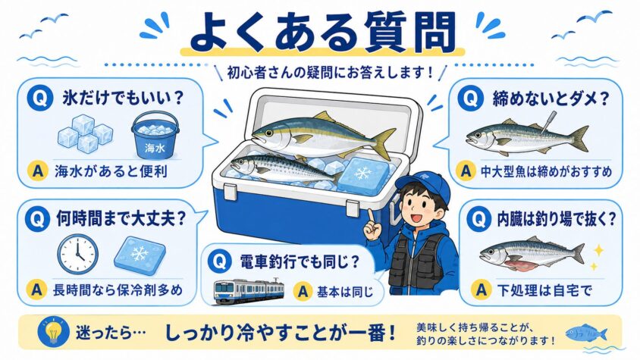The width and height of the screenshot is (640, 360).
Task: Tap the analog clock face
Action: point(77,254)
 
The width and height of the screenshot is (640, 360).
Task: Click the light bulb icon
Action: point(53,332)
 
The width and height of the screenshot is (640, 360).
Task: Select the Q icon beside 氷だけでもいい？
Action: point(39,99)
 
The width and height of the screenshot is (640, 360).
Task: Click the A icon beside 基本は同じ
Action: point(303,292)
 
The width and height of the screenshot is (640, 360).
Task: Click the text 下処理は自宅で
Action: point(545,290)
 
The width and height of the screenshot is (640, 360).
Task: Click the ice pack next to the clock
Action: point(140,255)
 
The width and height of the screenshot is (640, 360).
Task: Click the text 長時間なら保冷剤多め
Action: point(118,290)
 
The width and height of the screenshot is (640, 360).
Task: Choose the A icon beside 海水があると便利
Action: point(38,171)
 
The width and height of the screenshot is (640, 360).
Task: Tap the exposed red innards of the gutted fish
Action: point(520,266)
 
